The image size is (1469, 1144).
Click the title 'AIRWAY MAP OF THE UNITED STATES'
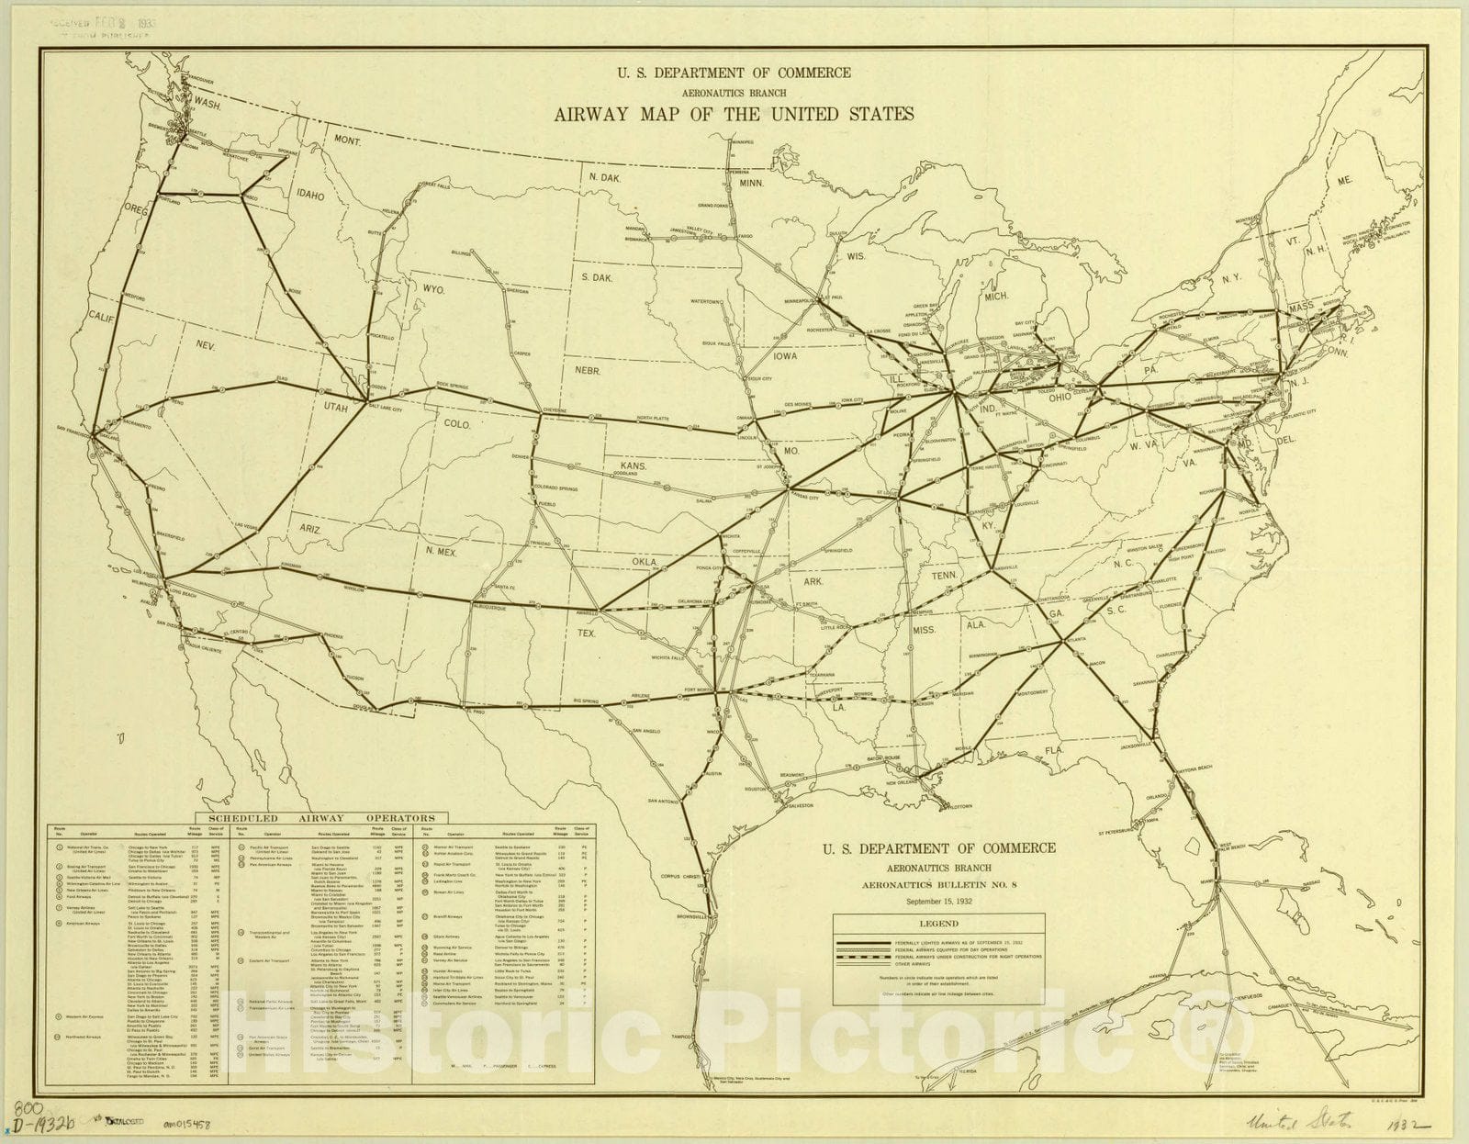pyautogui.click(x=734, y=115)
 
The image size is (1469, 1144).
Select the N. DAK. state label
pyautogui.click(x=607, y=176)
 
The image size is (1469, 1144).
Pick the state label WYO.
pyautogui.click(x=433, y=289)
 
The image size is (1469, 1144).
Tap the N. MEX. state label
pyautogui.click(x=445, y=551)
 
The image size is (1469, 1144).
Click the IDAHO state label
pyautogui.click(x=311, y=195)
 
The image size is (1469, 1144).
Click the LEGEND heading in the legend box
pyautogui.click(x=937, y=924)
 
